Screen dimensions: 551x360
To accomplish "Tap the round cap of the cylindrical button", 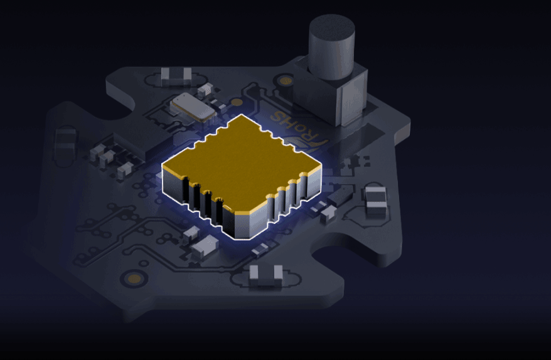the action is [331, 27].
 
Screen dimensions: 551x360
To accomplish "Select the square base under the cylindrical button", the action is [330, 95].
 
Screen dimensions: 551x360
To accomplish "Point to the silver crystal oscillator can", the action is [193, 107].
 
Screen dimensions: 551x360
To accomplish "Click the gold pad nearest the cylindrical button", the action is [286, 82].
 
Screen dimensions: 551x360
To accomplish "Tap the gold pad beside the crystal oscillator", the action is [237, 102].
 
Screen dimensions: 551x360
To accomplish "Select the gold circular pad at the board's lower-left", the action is [134, 279].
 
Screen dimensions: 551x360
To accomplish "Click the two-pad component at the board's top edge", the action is [176, 77].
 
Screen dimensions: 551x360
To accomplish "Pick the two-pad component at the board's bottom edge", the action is [266, 276].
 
